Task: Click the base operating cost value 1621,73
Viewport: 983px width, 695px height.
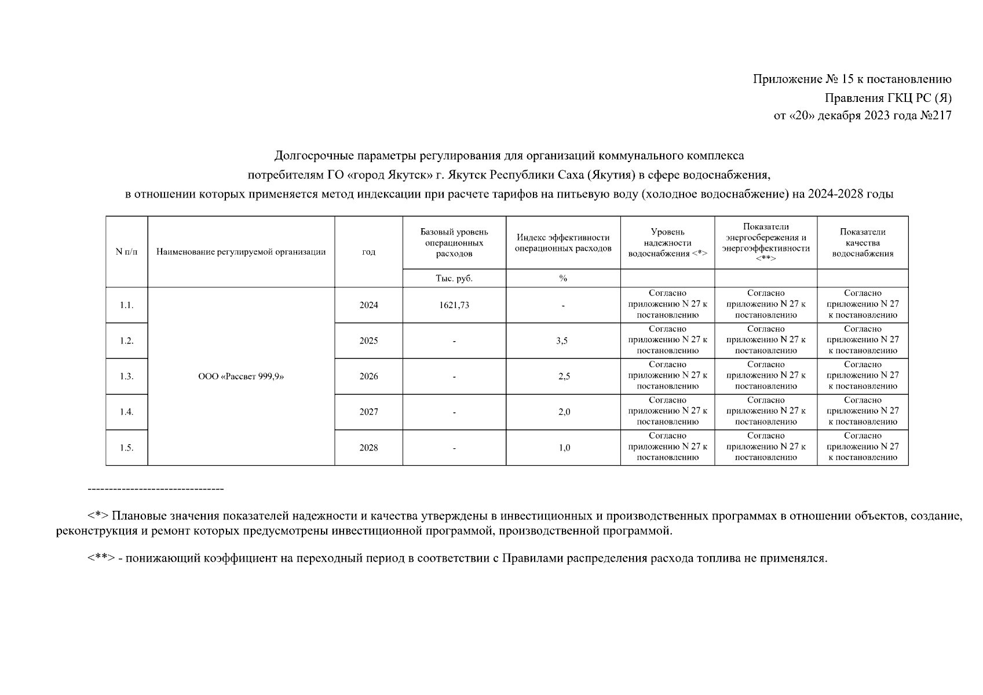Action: tap(454, 305)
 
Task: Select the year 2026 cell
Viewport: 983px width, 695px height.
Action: tap(368, 376)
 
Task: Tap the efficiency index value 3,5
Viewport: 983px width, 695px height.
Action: tap(562, 341)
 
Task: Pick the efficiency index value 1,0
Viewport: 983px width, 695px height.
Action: tap(564, 448)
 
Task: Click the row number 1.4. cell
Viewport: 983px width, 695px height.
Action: tap(126, 412)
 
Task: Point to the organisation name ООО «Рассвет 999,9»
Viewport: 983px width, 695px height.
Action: tap(241, 376)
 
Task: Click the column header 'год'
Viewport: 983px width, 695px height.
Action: tap(368, 252)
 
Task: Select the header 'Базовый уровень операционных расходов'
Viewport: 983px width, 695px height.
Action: tap(454, 243)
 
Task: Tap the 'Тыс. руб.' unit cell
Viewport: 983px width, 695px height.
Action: tap(454, 279)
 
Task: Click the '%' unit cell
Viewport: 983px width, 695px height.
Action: tap(563, 279)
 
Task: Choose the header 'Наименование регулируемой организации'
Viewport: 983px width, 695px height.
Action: tap(241, 252)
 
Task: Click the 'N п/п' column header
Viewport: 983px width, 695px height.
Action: tap(126, 252)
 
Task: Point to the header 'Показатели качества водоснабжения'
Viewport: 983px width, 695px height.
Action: tap(863, 243)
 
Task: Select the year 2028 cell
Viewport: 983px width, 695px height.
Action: tap(368, 448)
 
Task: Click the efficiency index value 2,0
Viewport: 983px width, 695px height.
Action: tap(564, 412)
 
